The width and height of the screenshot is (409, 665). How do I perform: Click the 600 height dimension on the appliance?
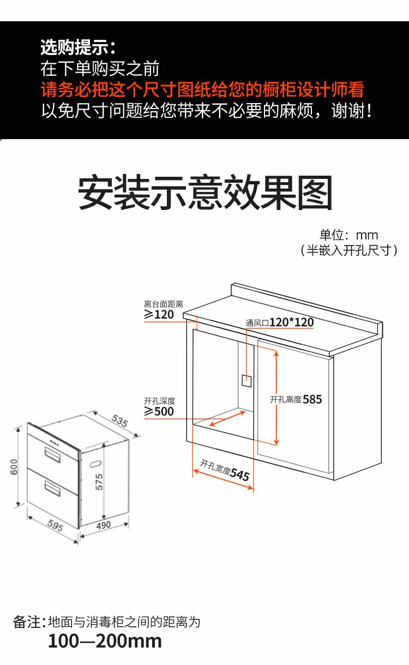(x=14, y=466)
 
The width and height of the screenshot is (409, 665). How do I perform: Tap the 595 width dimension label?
(x=55, y=525)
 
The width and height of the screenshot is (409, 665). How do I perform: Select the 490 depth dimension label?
(x=104, y=525)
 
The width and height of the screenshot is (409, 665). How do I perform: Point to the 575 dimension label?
(x=99, y=482)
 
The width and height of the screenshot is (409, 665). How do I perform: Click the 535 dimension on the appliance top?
(x=119, y=421)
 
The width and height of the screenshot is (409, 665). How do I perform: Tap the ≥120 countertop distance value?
(x=159, y=314)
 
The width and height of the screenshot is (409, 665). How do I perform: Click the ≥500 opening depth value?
(x=159, y=411)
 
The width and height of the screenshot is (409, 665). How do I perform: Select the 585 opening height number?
(x=312, y=399)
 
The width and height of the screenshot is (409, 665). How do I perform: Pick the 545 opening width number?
(x=240, y=474)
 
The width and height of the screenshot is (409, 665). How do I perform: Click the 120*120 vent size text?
(x=291, y=322)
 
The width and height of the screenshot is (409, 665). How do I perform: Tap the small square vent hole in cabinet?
(x=246, y=381)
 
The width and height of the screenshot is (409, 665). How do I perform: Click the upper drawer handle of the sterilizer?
(x=52, y=454)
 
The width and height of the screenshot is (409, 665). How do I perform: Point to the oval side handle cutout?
(x=95, y=463)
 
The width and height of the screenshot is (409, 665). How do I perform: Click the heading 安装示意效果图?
(x=205, y=193)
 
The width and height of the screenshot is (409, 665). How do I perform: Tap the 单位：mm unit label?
(x=349, y=235)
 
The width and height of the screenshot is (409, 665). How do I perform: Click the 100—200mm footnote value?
(x=105, y=641)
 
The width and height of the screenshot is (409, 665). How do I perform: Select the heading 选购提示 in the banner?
(x=78, y=47)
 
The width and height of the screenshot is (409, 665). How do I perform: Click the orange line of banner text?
(x=202, y=89)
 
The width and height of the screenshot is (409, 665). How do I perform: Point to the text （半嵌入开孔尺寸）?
(x=349, y=250)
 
